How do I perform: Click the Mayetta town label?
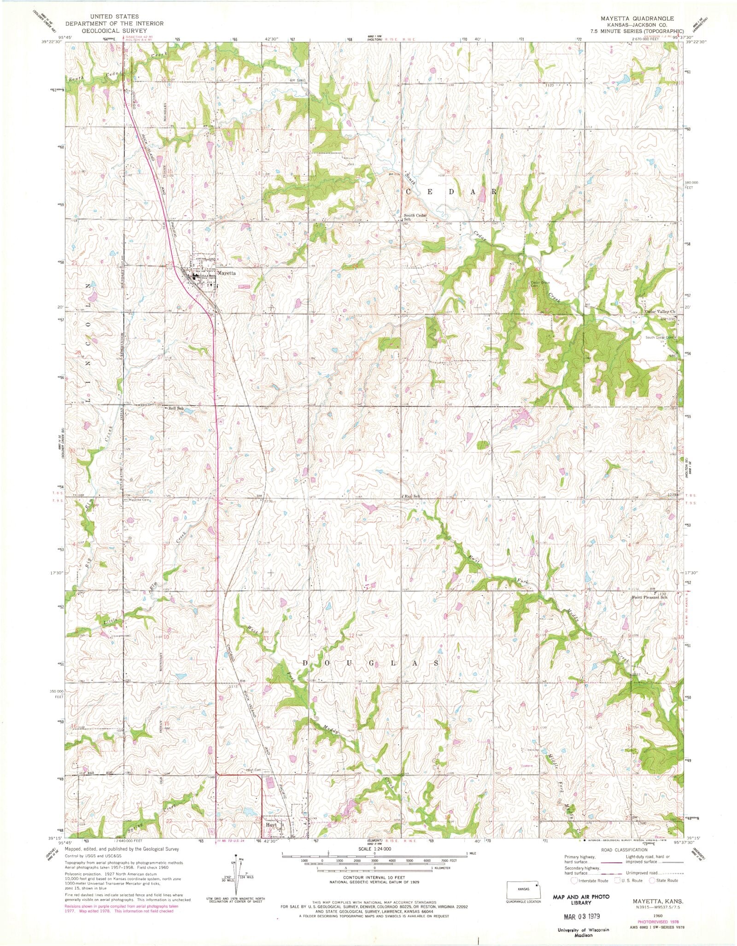click(226, 273)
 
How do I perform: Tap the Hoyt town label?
click(271, 824)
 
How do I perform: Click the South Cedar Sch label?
click(415, 217)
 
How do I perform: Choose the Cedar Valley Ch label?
click(660, 312)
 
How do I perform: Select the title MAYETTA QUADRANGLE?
click(637, 18)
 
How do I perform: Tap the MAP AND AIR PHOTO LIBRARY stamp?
click(581, 899)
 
